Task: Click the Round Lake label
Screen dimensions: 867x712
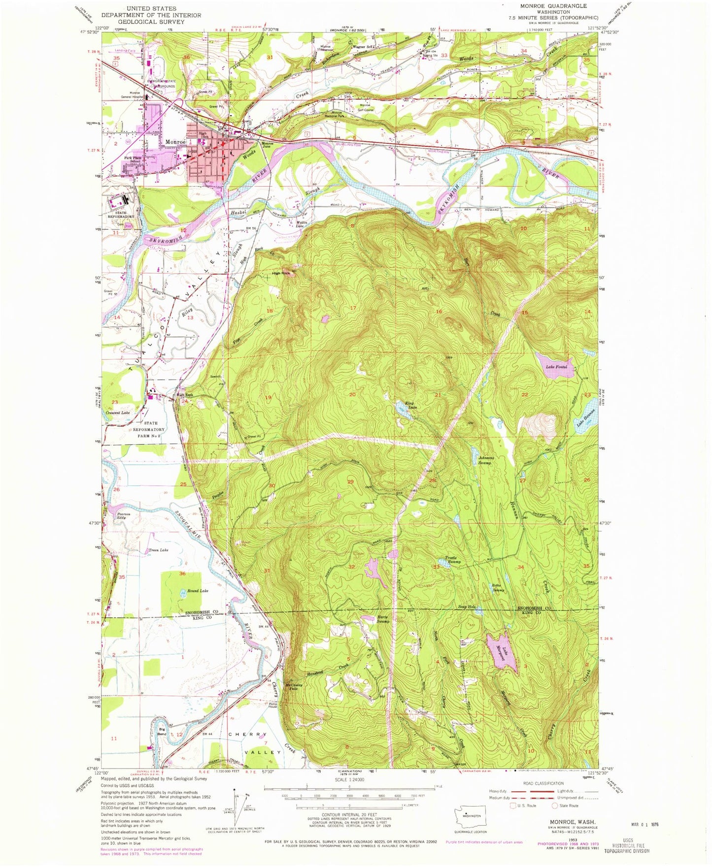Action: (197, 591)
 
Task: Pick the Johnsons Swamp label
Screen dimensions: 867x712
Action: (485, 460)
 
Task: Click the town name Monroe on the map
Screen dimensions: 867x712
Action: (175, 142)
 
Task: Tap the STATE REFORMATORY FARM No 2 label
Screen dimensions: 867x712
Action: (151, 429)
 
